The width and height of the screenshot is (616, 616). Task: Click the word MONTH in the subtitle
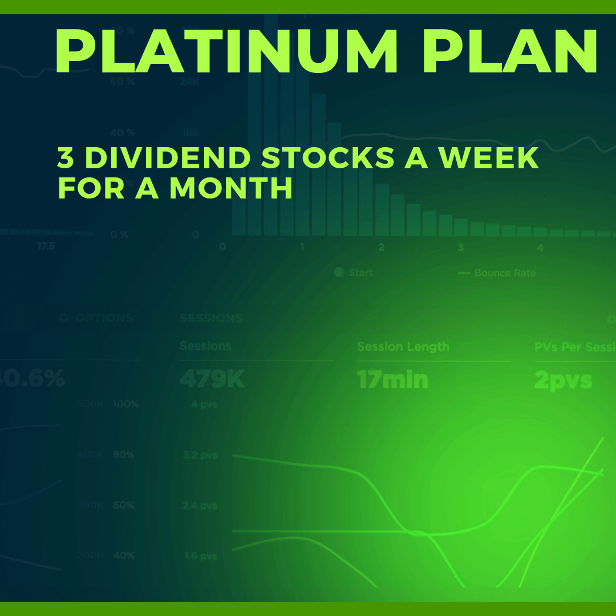tap(231, 189)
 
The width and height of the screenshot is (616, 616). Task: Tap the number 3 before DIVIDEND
tap(66, 158)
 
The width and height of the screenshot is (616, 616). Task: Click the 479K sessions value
tap(212, 380)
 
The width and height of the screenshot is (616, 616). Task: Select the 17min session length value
tap(392, 380)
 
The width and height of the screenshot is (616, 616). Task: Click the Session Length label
tap(403, 347)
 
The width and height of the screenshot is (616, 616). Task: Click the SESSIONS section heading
tap(211, 318)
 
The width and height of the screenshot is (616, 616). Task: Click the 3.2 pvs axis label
tap(200, 455)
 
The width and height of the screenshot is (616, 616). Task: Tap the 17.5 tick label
tap(46, 246)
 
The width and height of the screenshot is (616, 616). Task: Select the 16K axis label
tap(191, 133)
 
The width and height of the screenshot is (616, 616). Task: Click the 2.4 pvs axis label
tap(200, 505)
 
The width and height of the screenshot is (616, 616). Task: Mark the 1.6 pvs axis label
tap(200, 556)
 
